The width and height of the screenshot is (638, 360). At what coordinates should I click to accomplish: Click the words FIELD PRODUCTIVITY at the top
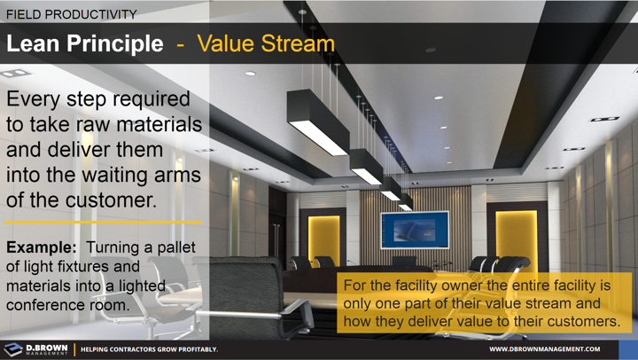[x=71, y=14]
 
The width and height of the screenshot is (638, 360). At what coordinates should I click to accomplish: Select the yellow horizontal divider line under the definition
[x=103, y=223]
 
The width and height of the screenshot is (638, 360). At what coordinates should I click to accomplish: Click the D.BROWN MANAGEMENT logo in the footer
[x=37, y=348]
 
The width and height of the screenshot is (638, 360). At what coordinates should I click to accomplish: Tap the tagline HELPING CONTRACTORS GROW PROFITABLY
[x=149, y=349]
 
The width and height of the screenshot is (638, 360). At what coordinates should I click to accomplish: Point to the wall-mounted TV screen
[x=415, y=231]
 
